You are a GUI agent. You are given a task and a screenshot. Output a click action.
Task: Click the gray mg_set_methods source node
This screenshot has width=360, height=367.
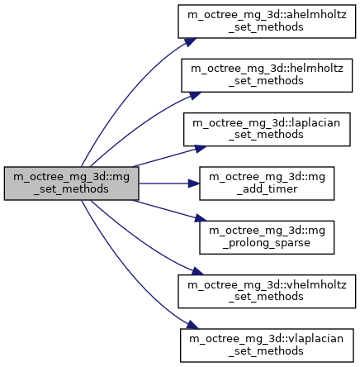click(x=71, y=183)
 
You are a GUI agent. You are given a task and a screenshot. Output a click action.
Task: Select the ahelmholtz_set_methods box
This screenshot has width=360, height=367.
click(x=267, y=21)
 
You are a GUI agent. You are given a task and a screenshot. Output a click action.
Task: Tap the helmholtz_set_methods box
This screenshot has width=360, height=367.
click(x=267, y=75)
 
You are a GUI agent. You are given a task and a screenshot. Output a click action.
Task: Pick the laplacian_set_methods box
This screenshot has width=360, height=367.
click(x=267, y=129)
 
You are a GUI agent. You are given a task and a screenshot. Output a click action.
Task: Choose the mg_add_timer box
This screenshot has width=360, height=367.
click(x=267, y=183)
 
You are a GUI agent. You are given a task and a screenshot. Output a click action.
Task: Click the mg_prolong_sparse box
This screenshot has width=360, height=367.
click(x=267, y=237)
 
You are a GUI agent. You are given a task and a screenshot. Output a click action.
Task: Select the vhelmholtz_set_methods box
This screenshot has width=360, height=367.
click(x=267, y=291)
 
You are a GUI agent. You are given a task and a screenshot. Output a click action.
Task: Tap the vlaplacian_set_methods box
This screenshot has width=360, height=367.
click(x=267, y=346)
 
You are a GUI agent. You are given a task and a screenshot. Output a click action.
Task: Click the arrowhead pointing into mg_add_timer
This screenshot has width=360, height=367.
click(x=194, y=183)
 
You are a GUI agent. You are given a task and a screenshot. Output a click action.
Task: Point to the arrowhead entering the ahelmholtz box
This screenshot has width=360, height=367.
click(x=191, y=41)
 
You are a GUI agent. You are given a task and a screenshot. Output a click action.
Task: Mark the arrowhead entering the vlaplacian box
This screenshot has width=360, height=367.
click(x=192, y=325)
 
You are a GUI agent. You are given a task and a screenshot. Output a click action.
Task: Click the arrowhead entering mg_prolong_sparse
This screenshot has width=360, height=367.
click(x=201, y=218)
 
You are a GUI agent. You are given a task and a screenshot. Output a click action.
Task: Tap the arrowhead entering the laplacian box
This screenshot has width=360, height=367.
click(x=201, y=149)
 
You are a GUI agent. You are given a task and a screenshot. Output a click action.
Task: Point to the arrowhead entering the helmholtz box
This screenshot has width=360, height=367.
click(x=195, y=95)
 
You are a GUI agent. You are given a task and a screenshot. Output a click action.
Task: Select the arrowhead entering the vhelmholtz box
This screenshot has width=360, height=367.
click(x=197, y=271)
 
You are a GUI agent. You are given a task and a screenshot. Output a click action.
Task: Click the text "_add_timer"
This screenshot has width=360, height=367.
click(x=267, y=189)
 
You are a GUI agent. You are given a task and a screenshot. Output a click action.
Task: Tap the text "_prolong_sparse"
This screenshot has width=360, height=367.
click(x=267, y=243)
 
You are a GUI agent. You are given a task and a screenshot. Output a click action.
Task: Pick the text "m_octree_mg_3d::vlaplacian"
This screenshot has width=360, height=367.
click(x=267, y=339)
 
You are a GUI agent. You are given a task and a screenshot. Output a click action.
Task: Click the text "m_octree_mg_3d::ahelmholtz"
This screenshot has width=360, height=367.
click(x=267, y=15)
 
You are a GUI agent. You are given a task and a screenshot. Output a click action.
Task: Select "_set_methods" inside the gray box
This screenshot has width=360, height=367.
click(x=71, y=189)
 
